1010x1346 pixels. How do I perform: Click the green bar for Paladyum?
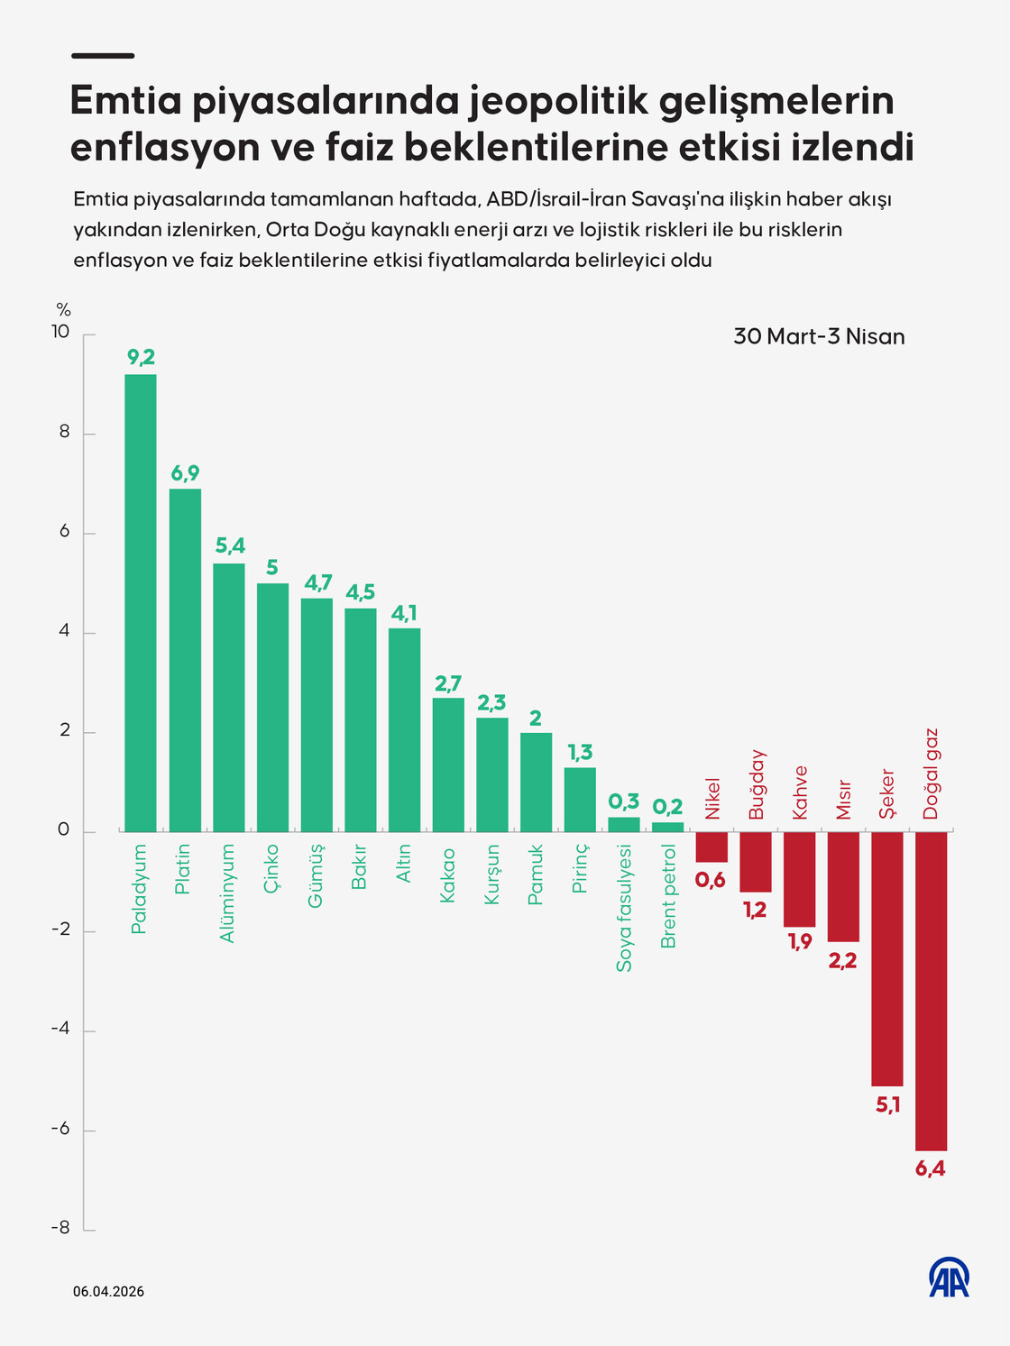(x=140, y=602)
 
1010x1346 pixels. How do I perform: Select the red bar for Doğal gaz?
(x=931, y=990)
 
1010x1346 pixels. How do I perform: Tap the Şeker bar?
(x=886, y=957)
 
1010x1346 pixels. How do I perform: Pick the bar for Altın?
(x=404, y=729)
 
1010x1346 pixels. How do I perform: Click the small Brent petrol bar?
(x=667, y=827)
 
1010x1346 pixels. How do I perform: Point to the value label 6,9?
(x=185, y=473)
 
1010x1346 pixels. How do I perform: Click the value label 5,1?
(x=888, y=1104)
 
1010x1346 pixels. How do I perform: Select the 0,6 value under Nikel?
(x=711, y=880)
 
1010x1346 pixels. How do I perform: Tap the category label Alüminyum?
(x=227, y=893)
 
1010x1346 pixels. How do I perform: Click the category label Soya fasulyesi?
(x=624, y=908)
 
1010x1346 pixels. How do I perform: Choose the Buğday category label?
(x=757, y=784)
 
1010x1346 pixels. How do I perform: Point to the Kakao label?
(x=447, y=874)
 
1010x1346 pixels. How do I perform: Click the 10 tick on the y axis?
(x=60, y=332)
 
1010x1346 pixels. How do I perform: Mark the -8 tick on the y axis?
(x=60, y=1228)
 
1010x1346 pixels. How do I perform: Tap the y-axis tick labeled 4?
(x=64, y=631)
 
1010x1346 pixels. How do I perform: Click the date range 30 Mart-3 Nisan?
(x=819, y=336)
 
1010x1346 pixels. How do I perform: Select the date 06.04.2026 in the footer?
(x=108, y=1291)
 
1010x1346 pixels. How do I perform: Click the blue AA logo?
(x=949, y=1277)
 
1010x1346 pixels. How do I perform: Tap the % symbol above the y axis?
(x=63, y=310)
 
